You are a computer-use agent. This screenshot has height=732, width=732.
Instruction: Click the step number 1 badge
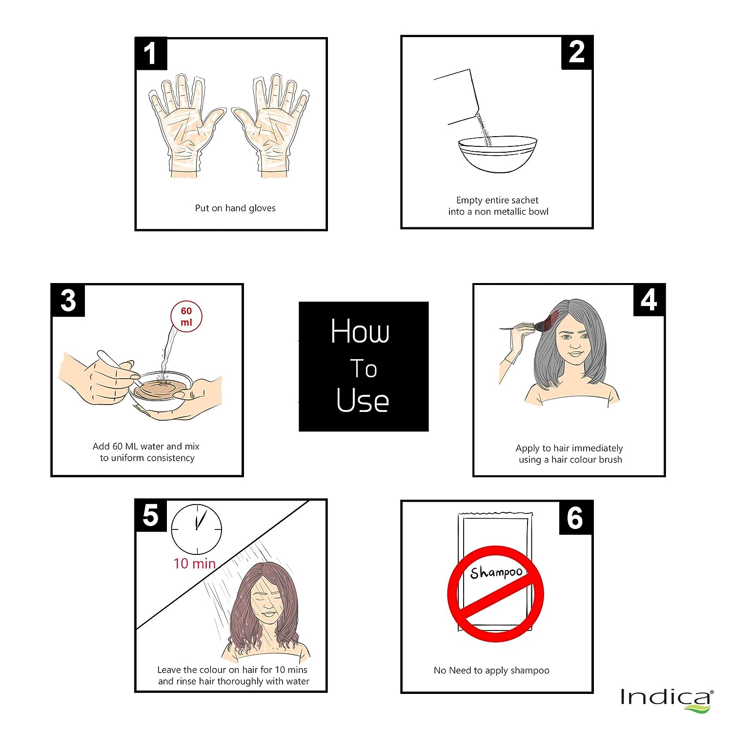pyautogui.click(x=151, y=53)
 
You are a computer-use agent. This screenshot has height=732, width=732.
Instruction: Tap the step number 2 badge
pyautogui.click(x=577, y=52)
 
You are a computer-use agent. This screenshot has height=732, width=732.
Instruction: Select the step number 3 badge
pyautogui.click(x=68, y=300)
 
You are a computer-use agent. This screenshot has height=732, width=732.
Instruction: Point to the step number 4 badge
pyautogui.click(x=649, y=300)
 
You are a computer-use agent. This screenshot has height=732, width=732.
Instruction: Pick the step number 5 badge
pyautogui.click(x=150, y=516)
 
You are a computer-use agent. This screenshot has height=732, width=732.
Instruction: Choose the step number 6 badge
pyautogui.click(x=576, y=518)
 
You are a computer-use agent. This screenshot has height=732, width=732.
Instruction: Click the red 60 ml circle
pyautogui.click(x=186, y=316)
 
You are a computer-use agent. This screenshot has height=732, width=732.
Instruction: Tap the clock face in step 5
pyautogui.click(x=196, y=529)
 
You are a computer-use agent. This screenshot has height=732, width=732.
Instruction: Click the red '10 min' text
pyautogui.click(x=195, y=564)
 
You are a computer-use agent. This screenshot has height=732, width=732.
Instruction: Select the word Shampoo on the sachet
pyautogui.click(x=496, y=572)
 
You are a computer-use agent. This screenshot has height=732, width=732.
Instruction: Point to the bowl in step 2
pyautogui.click(x=497, y=154)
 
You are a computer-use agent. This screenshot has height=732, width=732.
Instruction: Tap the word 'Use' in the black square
pyautogui.click(x=363, y=401)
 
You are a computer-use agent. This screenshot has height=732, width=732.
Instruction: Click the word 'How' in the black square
pyautogui.click(x=360, y=331)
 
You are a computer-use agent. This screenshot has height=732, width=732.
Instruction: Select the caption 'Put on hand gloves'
pyautogui.click(x=235, y=208)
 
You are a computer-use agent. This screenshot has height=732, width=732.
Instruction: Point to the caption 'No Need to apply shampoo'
pyautogui.click(x=491, y=671)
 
